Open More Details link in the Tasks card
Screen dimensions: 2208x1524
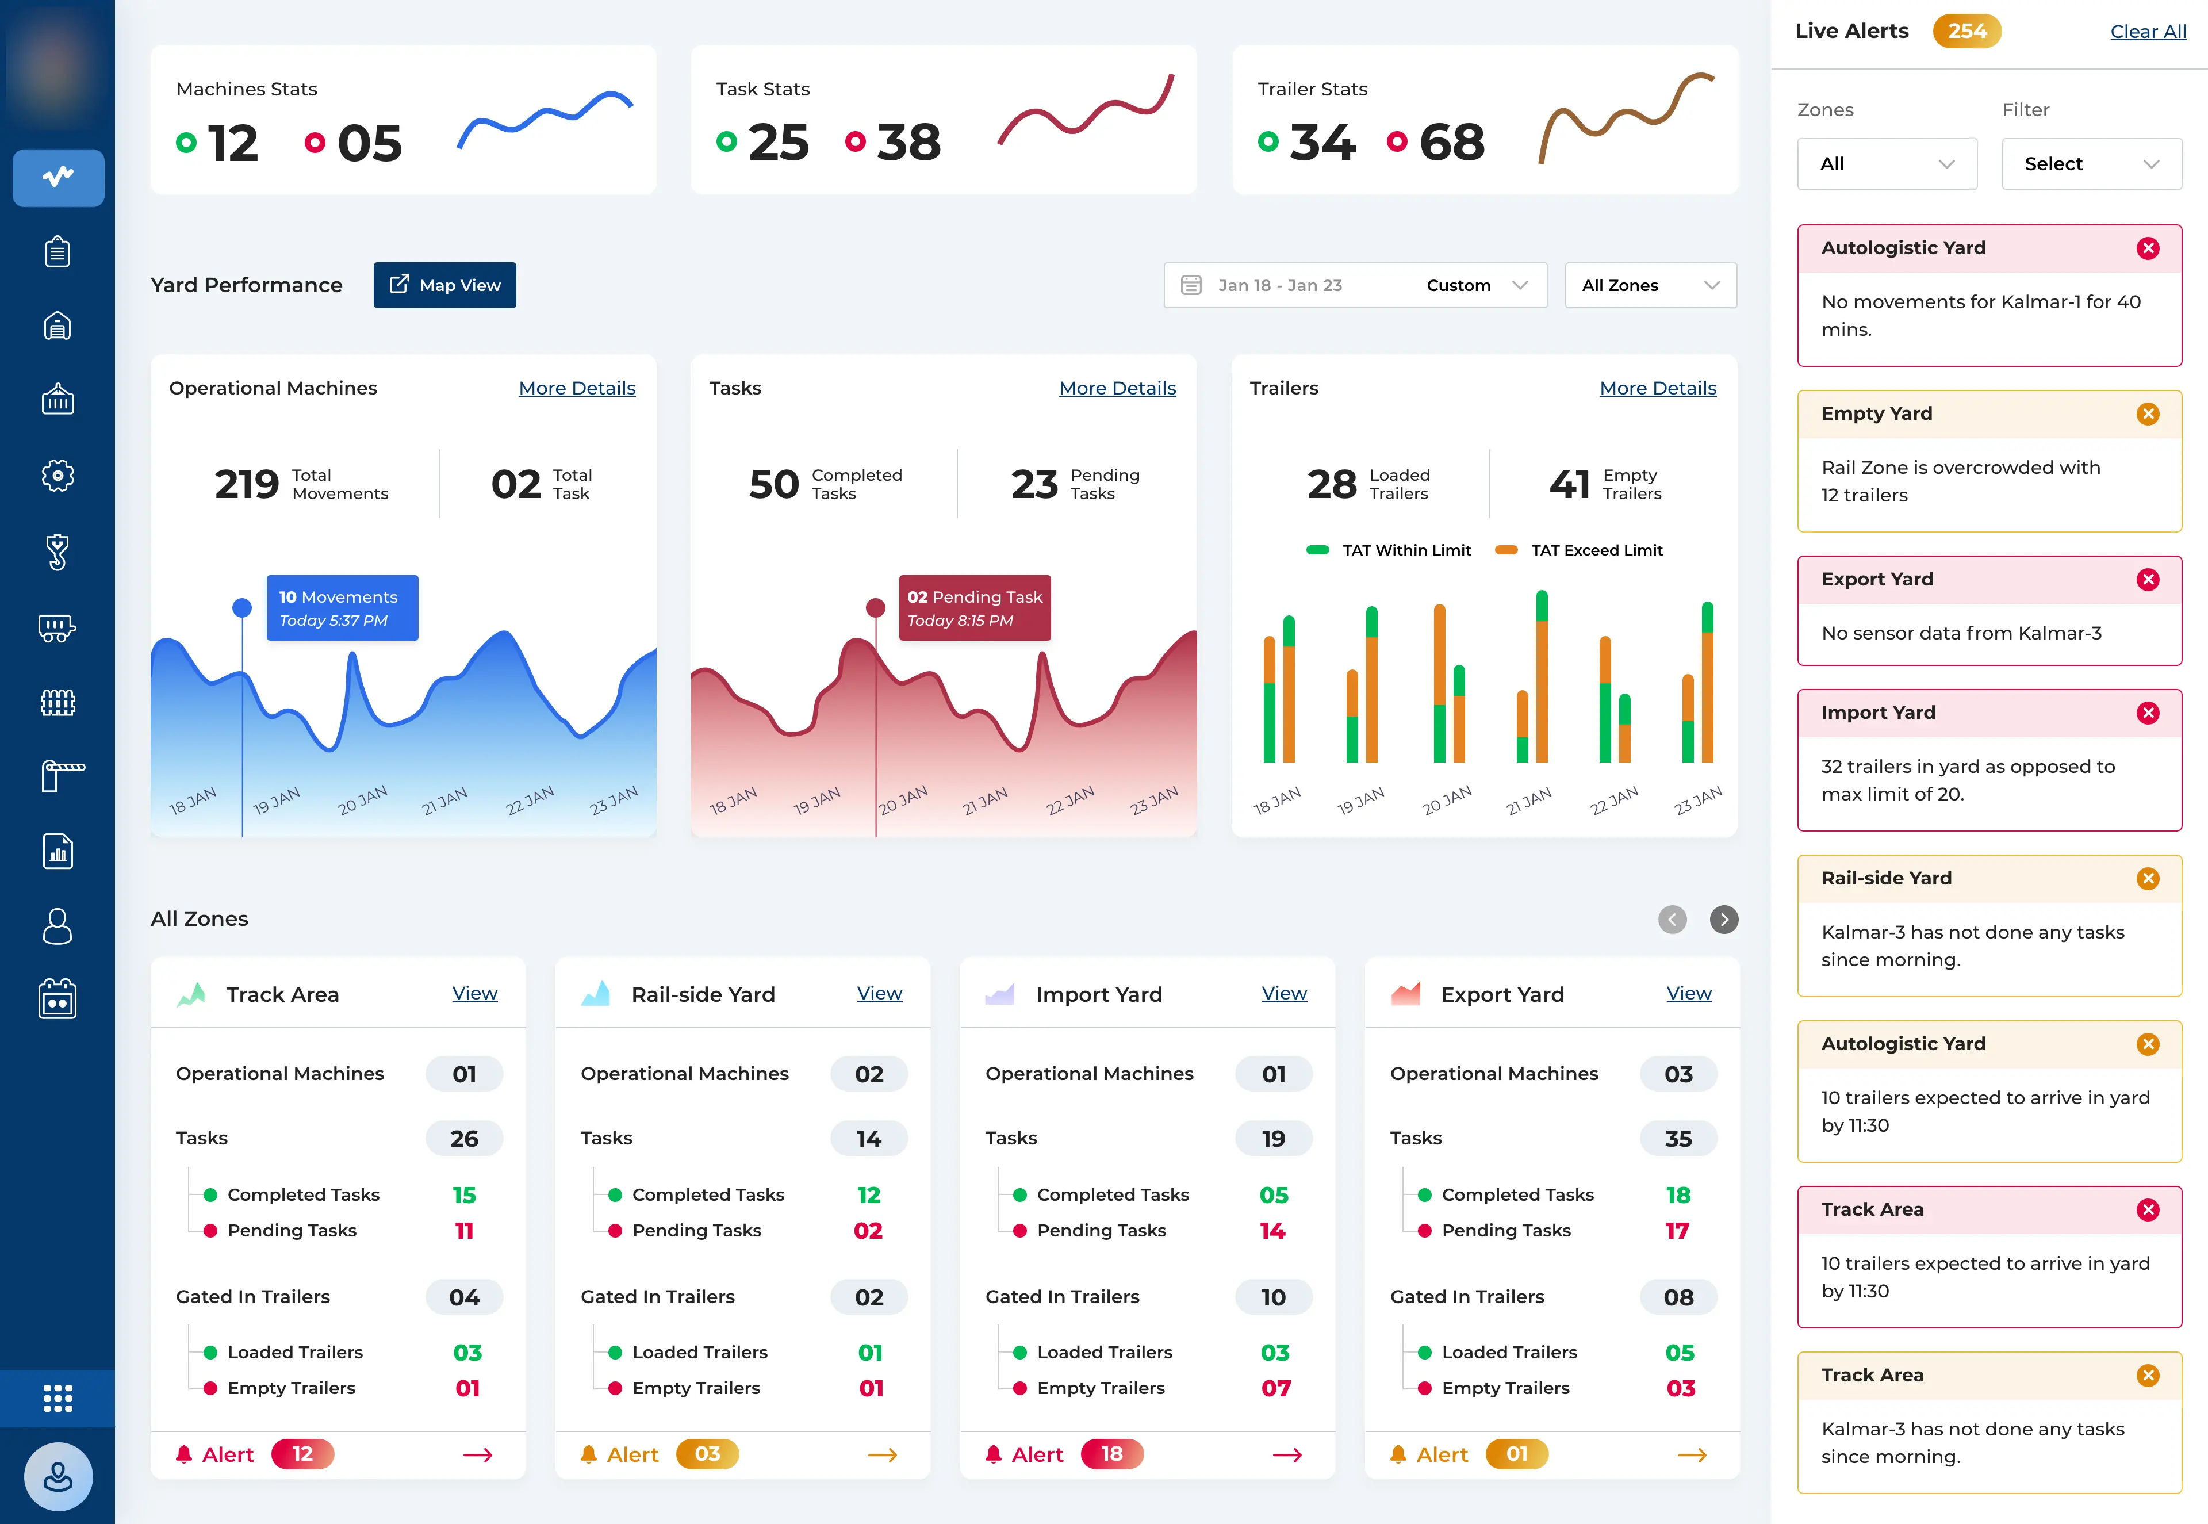[1117, 388]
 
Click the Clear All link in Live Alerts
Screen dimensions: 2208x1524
[2147, 32]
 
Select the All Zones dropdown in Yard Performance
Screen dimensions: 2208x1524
[1650, 285]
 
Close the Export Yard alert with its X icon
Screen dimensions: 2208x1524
[2148, 580]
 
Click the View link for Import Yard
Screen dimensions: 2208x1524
[1284, 993]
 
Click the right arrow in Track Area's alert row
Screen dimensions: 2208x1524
[477, 1454]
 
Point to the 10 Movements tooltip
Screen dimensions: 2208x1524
[342, 607]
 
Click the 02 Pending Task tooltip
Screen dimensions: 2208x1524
[975, 607]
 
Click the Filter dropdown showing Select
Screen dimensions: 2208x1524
[2091, 163]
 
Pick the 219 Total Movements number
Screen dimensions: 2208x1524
[246, 484]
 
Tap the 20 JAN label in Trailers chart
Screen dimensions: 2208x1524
[1446, 800]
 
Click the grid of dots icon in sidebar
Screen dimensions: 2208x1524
[57, 1398]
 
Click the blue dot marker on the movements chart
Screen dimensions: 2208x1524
[243, 607]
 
